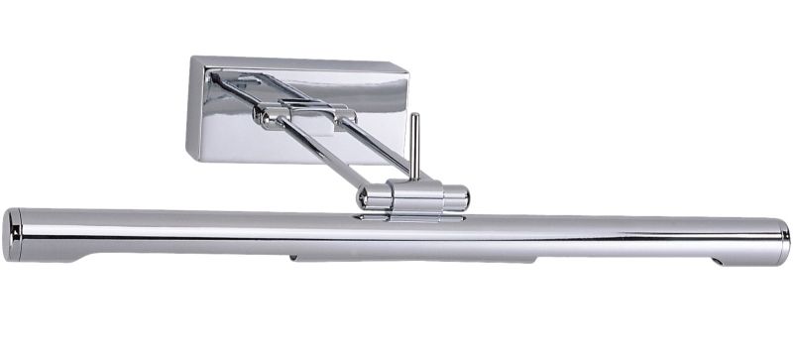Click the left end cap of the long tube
tap(12, 235)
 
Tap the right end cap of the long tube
tap(782, 242)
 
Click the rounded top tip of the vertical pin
tap(415, 116)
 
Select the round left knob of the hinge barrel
tap(368, 197)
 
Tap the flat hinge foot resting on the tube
tap(411, 214)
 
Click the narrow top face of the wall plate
tap(297, 62)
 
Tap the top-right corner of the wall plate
tap(406, 69)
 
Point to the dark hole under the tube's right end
tap(718, 262)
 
